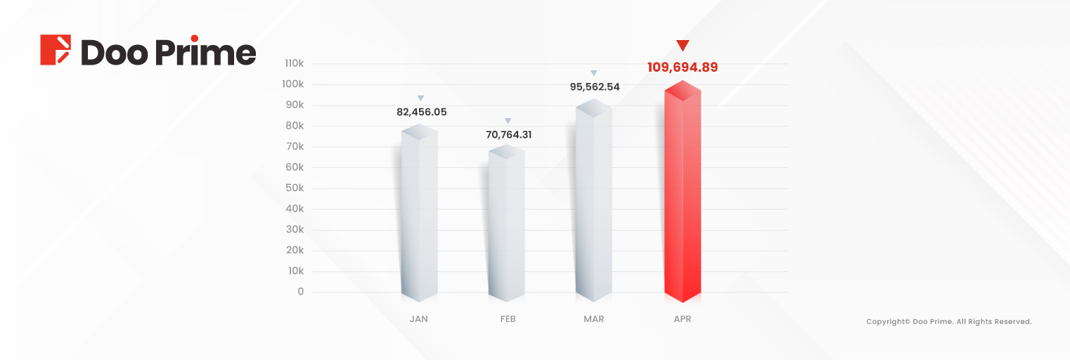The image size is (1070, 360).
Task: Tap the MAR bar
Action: pyautogui.click(x=594, y=204)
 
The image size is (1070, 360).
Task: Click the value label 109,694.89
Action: pyautogui.click(x=683, y=67)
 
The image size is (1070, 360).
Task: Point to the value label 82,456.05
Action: pyautogui.click(x=421, y=112)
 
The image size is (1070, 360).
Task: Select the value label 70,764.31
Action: pyautogui.click(x=508, y=134)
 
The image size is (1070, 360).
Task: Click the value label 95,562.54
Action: pyautogui.click(x=594, y=87)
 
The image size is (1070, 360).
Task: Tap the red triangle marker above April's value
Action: pyautogui.click(x=683, y=46)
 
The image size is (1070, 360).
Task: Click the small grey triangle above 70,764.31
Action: pyautogui.click(x=508, y=121)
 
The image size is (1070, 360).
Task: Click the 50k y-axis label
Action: pyautogui.click(x=294, y=188)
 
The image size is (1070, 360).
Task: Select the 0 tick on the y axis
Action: pyautogui.click(x=300, y=291)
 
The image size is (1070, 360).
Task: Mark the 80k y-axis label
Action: pyautogui.click(x=294, y=126)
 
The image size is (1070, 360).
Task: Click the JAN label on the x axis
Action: pyautogui.click(x=418, y=319)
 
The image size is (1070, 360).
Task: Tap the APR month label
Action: pyautogui.click(x=682, y=319)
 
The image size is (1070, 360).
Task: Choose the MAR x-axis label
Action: pyautogui.click(x=593, y=319)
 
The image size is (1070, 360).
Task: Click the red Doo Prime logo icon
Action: pyautogui.click(x=56, y=50)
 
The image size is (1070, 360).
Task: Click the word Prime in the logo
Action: pyautogui.click(x=206, y=53)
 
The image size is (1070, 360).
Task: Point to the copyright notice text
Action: pyautogui.click(x=948, y=321)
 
